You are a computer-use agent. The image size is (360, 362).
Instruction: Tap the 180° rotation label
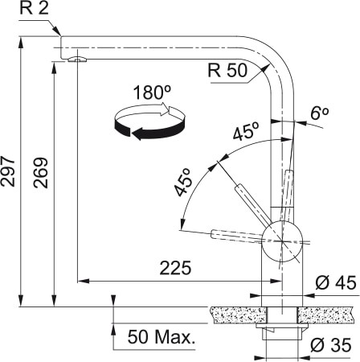coord(153,93)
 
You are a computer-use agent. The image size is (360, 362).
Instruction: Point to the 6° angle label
coord(319,114)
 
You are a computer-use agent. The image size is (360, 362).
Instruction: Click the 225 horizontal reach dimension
coord(174,269)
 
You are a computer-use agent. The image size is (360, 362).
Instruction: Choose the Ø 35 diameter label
coord(329,347)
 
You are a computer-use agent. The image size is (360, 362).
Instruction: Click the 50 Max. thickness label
coord(160,337)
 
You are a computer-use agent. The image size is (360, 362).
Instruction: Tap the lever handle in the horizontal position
coord(233,234)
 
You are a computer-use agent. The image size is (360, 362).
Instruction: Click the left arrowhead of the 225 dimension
coord(80,281)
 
